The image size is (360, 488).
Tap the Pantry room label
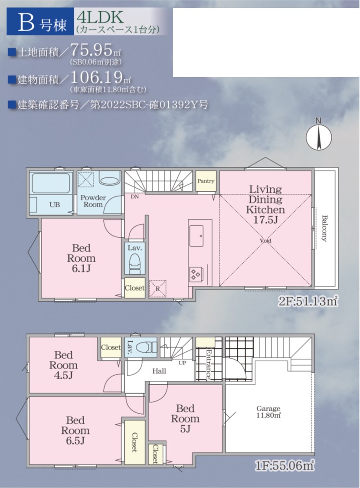pyautogui.click(x=206, y=181)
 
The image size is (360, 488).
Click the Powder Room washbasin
pyautogui.click(x=109, y=181)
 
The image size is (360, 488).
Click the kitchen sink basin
pyautogui.click(x=196, y=236)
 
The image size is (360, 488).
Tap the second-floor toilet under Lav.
pyautogui.click(x=134, y=263)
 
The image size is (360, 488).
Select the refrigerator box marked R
pyautogui.click(x=158, y=288)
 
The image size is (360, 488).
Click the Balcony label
pyautogui.click(x=324, y=229)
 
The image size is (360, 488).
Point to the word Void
pyautogui.click(x=265, y=241)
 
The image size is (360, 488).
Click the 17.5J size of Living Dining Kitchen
pyautogui.click(x=265, y=220)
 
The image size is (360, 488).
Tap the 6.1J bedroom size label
pyautogui.click(x=81, y=268)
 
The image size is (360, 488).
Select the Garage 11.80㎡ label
pyautogui.click(x=268, y=412)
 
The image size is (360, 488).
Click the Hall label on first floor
pyautogui.click(x=159, y=371)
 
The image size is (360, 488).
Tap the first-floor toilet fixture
pyautogui.click(x=148, y=347)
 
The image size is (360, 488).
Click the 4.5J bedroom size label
pyautogui.click(x=63, y=375)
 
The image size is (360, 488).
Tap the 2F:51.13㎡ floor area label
pyautogui.click(x=308, y=301)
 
